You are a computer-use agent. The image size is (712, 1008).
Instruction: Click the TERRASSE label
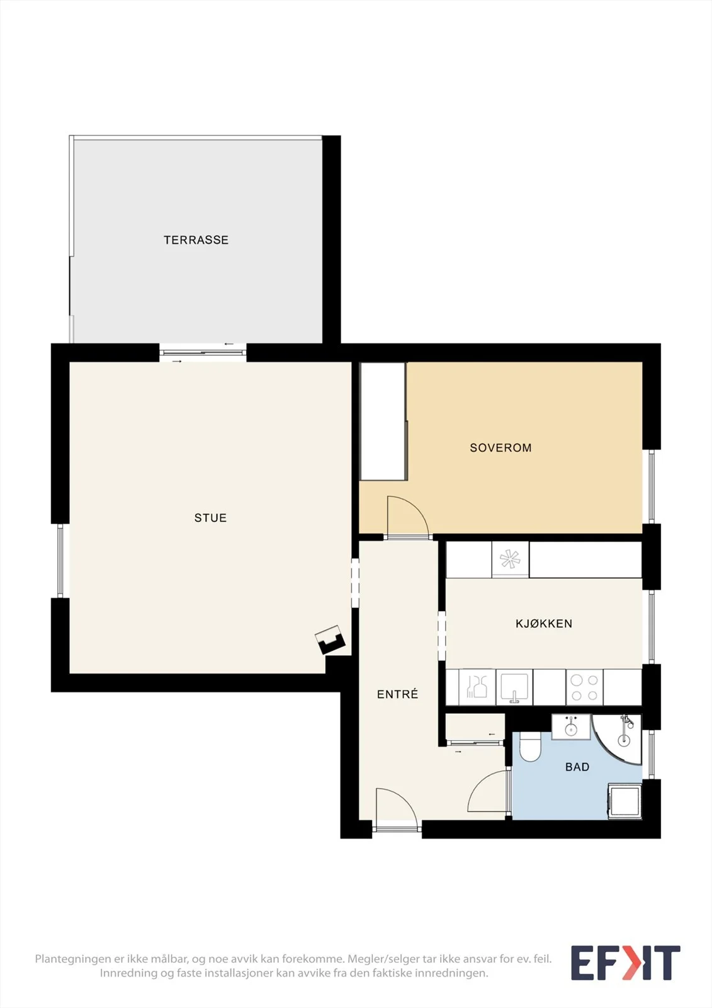196,240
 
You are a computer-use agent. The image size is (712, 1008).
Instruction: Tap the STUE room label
210,518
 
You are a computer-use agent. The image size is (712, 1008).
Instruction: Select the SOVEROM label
500,448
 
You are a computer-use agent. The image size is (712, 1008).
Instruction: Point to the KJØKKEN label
544,624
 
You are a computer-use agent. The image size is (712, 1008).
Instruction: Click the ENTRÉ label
398,694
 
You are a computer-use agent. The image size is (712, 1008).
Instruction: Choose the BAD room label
577,767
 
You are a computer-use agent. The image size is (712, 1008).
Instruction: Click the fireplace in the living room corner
331,639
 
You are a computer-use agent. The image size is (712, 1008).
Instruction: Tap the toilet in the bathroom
530,747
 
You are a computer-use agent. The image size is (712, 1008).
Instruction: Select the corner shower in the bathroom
617,740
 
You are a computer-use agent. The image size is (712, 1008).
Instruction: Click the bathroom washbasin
571,727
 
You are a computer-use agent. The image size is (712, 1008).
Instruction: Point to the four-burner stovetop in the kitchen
584,687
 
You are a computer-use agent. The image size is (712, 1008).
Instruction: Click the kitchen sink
514,687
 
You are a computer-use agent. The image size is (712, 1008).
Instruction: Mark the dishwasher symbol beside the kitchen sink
477,687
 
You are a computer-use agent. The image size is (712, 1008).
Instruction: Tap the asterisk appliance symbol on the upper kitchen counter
510,559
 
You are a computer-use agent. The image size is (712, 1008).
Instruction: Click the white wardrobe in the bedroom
383,421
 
